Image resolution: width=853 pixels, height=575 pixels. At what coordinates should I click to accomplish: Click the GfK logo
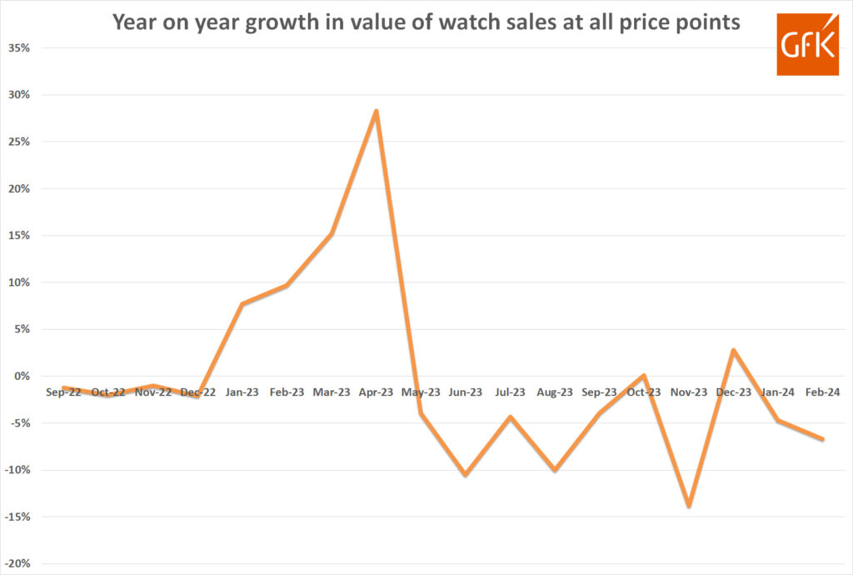(806, 44)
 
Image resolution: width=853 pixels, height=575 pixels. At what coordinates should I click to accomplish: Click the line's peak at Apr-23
(377, 111)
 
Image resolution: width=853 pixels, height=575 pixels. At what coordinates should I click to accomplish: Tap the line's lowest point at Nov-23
(689, 506)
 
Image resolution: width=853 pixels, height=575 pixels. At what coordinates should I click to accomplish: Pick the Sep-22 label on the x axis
(63, 392)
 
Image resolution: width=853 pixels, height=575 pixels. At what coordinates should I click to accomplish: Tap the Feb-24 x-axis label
(823, 392)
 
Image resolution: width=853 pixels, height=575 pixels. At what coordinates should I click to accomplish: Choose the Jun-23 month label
(466, 392)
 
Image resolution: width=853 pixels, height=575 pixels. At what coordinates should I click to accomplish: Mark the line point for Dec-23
(733, 350)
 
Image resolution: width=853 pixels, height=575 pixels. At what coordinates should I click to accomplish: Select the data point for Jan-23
(242, 303)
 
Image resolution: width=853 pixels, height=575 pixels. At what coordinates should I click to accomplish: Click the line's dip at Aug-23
(555, 470)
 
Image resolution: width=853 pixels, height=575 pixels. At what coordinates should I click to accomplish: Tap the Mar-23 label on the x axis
(332, 392)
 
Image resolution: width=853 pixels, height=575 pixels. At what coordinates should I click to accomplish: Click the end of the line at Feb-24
(823, 439)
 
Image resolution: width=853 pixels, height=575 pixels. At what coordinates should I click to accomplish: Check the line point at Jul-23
(510, 417)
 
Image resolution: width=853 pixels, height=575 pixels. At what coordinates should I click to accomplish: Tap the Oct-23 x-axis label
(644, 392)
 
